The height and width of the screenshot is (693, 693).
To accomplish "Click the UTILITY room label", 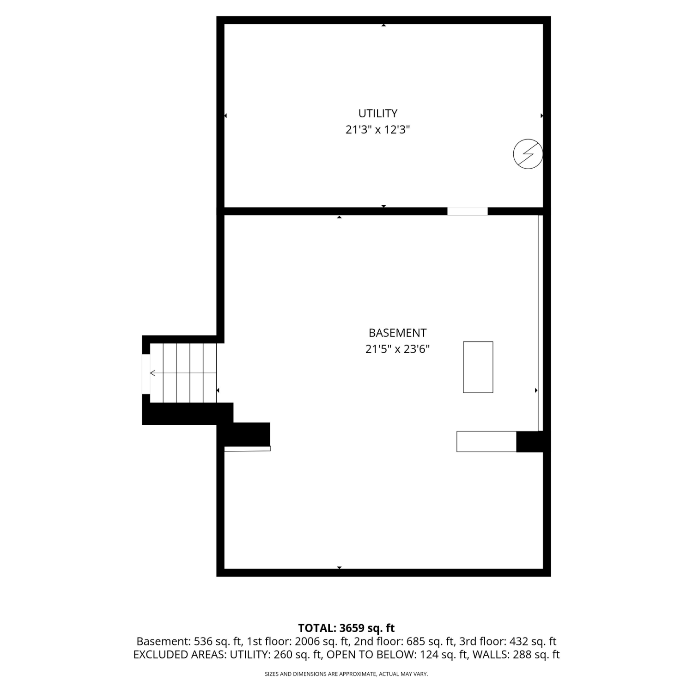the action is [377, 113].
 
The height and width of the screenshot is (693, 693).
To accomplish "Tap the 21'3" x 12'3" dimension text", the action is [378, 130].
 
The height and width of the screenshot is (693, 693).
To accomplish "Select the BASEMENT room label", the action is [397, 333].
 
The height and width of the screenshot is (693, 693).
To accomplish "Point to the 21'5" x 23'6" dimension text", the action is [397, 349].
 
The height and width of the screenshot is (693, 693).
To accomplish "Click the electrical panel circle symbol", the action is [528, 153].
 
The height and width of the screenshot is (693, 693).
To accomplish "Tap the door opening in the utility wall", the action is [467, 211].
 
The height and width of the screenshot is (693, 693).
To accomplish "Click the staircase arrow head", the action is [152, 373].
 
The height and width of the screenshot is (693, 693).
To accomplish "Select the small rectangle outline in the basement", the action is [478, 367].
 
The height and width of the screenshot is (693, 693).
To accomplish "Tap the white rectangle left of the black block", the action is [486, 441].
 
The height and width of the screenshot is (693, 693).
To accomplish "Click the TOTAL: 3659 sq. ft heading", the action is [346, 628].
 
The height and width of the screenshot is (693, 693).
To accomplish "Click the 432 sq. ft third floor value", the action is [533, 642].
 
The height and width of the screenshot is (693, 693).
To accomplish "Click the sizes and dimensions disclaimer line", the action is [346, 675].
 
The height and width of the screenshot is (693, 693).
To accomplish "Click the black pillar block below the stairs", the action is [247, 434].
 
